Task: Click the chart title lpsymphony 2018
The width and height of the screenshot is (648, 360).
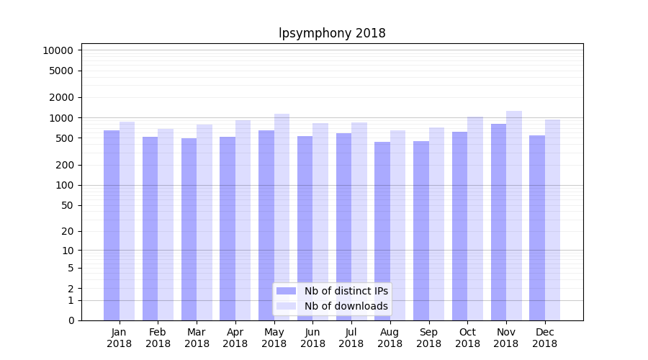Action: [x=332, y=33]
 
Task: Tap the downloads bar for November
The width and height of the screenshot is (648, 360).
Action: [x=513, y=215]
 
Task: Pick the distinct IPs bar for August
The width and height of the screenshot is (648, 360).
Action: [x=382, y=230]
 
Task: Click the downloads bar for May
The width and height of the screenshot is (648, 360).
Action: [x=282, y=217]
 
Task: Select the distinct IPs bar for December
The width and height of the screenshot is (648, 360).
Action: [x=537, y=228]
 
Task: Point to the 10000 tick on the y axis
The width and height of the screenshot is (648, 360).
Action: [x=58, y=50]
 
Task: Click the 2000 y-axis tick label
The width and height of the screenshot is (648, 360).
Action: [x=60, y=97]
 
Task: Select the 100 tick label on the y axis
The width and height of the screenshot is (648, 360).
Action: [x=63, y=185]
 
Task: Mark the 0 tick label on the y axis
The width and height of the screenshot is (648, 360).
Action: [x=71, y=320]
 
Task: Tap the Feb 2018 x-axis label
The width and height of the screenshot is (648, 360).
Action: [x=158, y=338]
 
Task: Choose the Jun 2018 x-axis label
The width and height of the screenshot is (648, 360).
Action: [x=312, y=338]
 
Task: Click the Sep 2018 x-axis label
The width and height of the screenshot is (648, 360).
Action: [x=428, y=338]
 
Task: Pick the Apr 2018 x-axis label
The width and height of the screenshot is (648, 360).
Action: [x=235, y=338]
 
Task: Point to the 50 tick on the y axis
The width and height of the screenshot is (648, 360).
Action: [x=66, y=205]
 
